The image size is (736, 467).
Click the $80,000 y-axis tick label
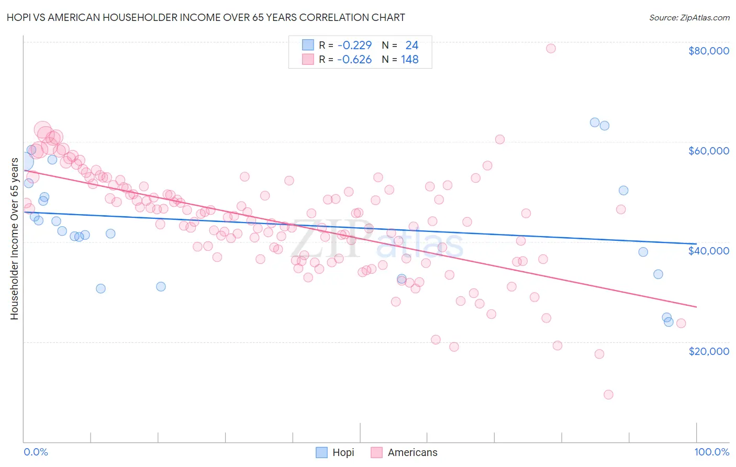[x=708, y=51]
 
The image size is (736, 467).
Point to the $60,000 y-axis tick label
[x=708, y=151]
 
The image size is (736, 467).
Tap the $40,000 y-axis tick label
[x=708, y=251]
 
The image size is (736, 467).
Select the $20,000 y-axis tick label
[x=708, y=351]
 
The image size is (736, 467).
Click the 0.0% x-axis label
[x=36, y=452]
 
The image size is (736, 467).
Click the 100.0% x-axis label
[x=711, y=452]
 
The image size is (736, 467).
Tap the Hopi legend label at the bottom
[x=343, y=452]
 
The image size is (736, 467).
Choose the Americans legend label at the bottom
[x=412, y=452]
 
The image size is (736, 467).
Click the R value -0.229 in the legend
[x=354, y=46]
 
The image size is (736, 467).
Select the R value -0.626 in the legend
[x=354, y=60]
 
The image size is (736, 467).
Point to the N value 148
[x=409, y=60]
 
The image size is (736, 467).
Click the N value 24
[x=411, y=46]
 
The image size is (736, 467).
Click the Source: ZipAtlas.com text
[x=689, y=18]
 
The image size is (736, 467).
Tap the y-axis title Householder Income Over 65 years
[x=15, y=238]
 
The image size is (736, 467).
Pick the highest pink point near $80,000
[x=551, y=48]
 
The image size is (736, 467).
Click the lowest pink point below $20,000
[x=608, y=395]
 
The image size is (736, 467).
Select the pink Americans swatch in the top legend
[x=308, y=59]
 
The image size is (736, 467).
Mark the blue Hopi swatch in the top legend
[x=308, y=45]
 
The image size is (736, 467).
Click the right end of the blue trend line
[x=696, y=244]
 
